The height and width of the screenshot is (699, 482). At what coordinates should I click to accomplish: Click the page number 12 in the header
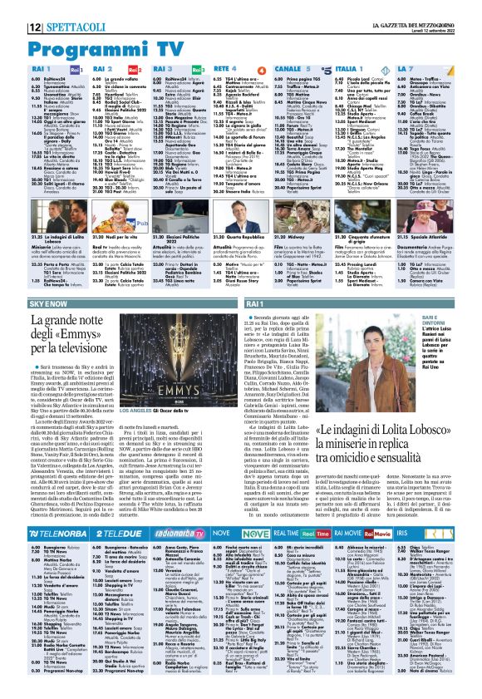coord(14,7)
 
